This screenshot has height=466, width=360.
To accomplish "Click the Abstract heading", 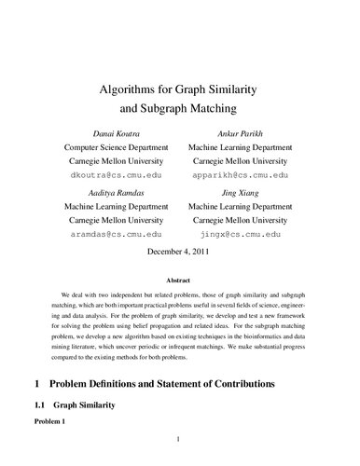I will tap(181, 279).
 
